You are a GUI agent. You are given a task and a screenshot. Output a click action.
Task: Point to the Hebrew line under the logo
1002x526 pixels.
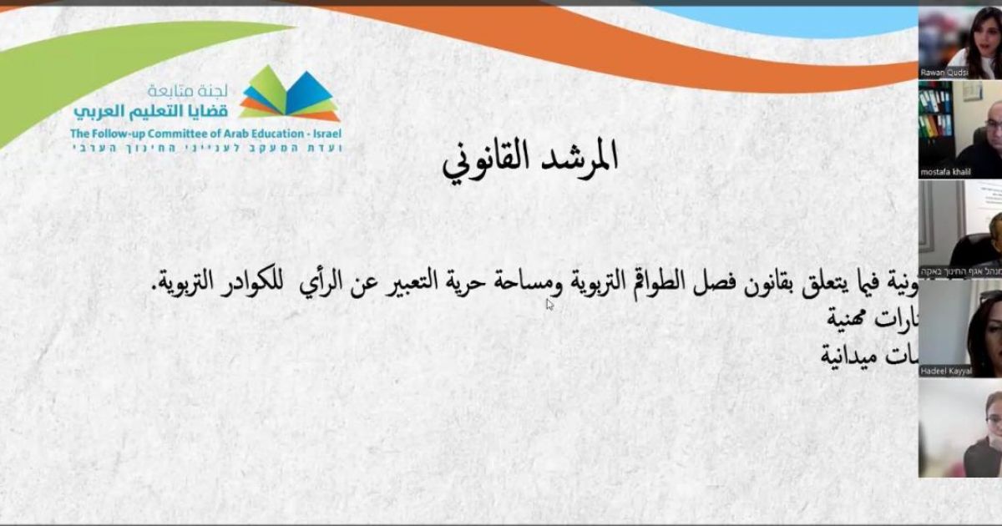[x=205, y=148]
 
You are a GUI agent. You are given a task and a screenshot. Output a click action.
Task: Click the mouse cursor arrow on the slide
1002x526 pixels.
[x=549, y=305]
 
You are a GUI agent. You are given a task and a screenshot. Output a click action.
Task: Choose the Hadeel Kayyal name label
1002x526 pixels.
[x=947, y=371]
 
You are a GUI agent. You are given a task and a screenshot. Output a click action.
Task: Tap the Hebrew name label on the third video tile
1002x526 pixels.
[x=960, y=271]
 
